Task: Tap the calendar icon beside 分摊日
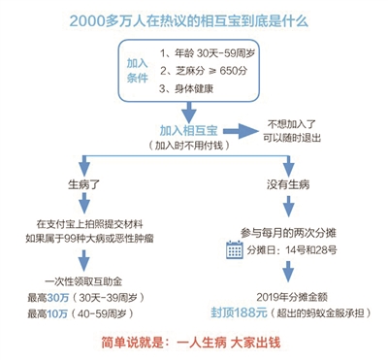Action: click(234, 249)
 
